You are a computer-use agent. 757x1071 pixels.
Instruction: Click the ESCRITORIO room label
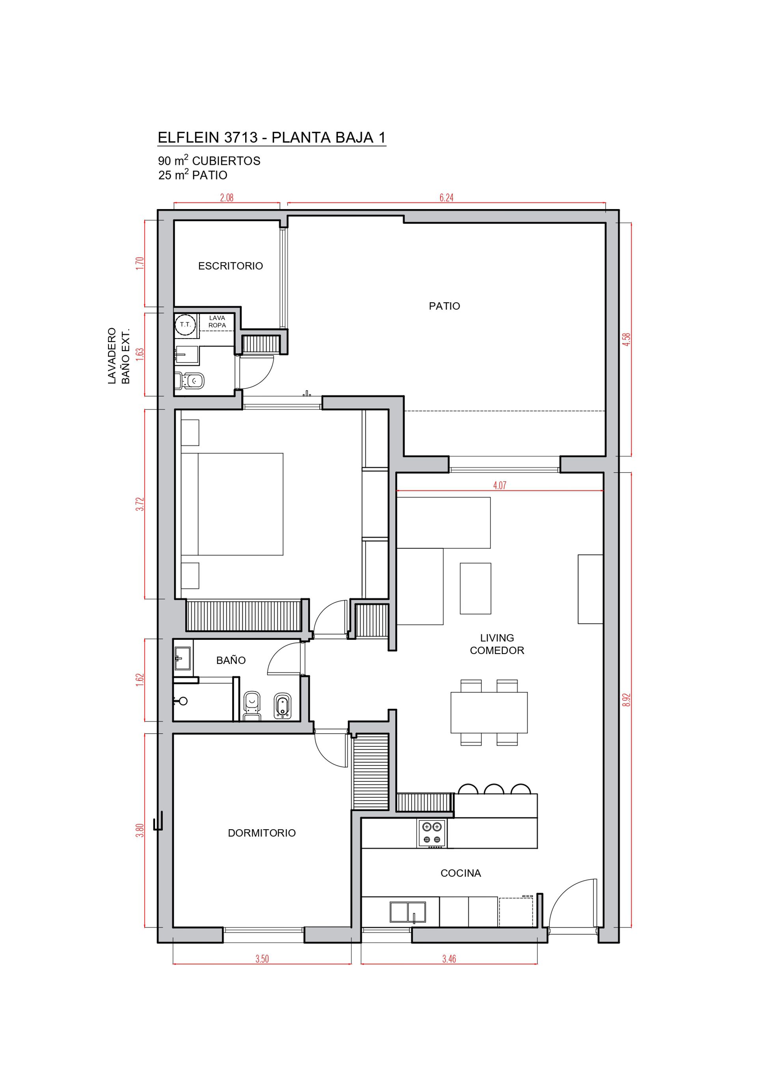coord(230,266)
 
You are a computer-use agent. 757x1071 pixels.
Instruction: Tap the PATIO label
coord(444,306)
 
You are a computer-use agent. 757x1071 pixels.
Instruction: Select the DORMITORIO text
coord(261,833)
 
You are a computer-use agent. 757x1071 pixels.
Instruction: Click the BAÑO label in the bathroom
coord(231,660)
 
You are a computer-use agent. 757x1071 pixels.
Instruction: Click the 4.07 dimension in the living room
coord(499,486)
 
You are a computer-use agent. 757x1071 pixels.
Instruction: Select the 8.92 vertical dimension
coord(626,700)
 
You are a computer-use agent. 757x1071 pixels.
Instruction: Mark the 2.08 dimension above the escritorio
coord(227,198)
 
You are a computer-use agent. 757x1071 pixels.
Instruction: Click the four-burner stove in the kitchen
coord(432,834)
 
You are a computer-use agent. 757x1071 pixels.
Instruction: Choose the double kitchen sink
coord(408,912)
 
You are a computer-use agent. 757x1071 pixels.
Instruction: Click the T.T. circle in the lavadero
coord(185,324)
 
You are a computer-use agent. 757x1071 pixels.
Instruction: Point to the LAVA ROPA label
coord(217,321)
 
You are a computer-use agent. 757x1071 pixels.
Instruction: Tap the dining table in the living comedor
coord(489,712)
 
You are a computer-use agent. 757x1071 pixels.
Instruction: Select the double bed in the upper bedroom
coord(232,504)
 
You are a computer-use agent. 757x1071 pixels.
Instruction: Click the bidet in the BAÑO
coord(282,705)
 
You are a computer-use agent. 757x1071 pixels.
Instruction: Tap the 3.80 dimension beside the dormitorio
coord(140,831)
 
